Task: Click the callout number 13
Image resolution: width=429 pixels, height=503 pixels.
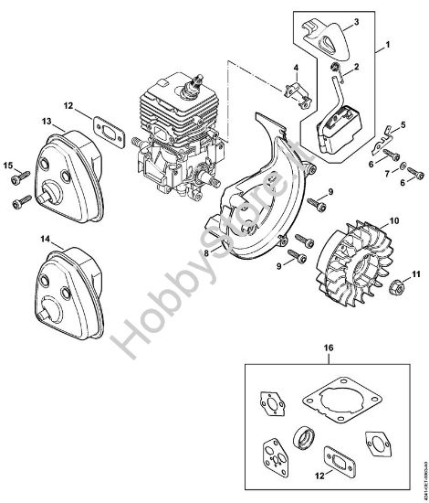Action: point(20,121)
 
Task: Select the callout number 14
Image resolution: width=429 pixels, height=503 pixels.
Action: point(20,239)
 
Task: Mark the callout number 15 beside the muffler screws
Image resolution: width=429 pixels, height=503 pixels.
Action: point(9,166)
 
